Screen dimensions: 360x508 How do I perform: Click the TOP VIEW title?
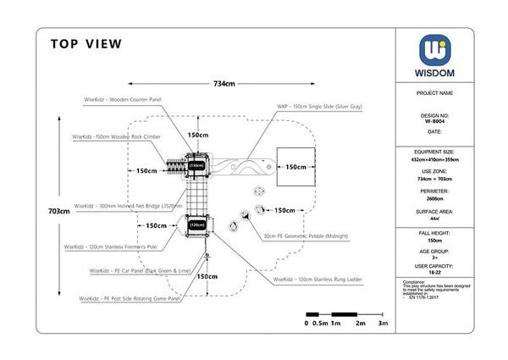tap(86, 44)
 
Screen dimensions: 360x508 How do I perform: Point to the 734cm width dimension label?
tap(224, 84)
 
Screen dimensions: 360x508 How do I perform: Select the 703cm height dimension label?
tap(59, 212)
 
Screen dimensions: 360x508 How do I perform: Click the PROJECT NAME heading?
tap(435, 93)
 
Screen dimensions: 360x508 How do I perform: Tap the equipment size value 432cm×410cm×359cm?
tap(435, 159)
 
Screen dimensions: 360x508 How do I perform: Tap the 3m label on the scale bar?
tap(383, 324)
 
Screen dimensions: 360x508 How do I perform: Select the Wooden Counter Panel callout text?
tap(123, 100)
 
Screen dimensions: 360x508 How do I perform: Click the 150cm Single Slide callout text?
tap(319, 108)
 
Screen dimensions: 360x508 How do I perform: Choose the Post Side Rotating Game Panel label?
tap(130, 299)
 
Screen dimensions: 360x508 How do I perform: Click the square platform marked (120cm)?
tap(196, 225)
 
